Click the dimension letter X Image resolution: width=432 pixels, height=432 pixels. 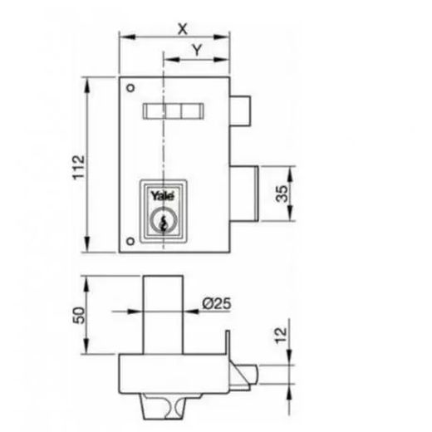[x=183, y=29]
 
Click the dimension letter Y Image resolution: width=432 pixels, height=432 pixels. [x=197, y=50]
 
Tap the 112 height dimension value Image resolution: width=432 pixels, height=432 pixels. [x=78, y=168]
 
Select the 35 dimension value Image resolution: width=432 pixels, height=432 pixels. [x=282, y=194]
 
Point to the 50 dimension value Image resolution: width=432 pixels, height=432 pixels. [x=79, y=315]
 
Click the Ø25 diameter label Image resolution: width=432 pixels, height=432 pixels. [x=216, y=303]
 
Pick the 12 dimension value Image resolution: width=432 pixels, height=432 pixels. [x=281, y=336]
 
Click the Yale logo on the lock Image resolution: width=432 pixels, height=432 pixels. [x=163, y=195]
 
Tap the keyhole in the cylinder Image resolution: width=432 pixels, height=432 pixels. [x=163, y=223]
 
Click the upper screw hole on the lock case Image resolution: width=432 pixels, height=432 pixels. [x=130, y=88]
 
